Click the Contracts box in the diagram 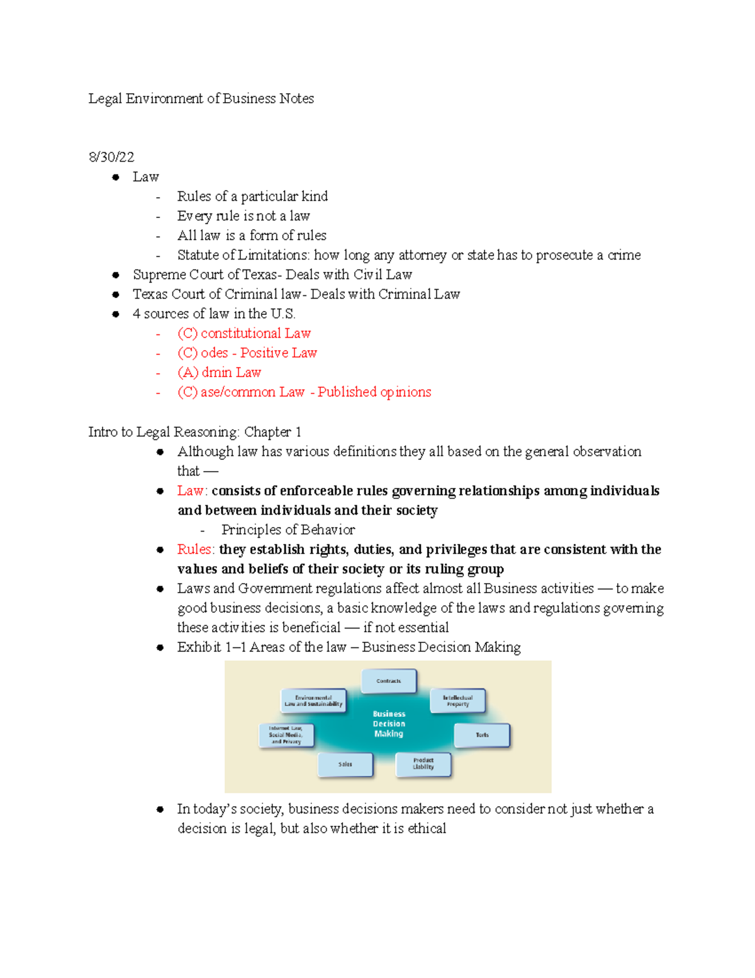point(389,681)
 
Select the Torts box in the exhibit point(482,735)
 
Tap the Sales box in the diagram point(345,764)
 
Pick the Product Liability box point(423,764)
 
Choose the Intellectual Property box point(457,701)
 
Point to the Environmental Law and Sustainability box point(313,701)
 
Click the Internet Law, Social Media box point(286,735)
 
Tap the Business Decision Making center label point(389,724)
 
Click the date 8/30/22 point(111,157)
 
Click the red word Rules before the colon point(194,549)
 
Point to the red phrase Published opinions point(374,392)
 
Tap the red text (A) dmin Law point(219,372)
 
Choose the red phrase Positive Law point(278,353)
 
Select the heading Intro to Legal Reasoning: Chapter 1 point(194,432)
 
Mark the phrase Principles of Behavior point(288,530)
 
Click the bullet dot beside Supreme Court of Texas point(116,275)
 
